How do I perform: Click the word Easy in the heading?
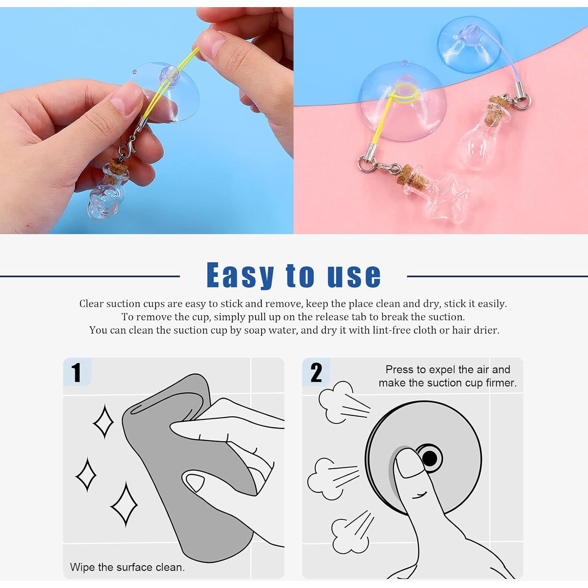(240, 276)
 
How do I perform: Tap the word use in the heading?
(354, 275)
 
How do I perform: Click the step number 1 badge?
(76, 372)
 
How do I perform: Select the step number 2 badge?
(316, 372)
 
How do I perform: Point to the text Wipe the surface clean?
(127, 567)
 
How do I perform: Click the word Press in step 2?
(399, 370)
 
